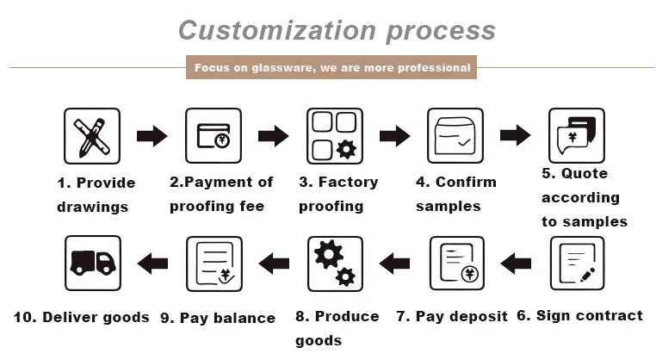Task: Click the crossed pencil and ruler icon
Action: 92,136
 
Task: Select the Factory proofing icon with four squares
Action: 335,136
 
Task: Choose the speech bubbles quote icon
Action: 578,136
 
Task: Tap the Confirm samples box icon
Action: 455,136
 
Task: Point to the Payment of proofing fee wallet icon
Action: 214,136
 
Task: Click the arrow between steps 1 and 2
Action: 152,135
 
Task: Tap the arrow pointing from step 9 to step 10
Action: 152,263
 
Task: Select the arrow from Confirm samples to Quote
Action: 516,135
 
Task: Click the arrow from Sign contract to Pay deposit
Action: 517,263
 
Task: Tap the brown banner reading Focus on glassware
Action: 331,67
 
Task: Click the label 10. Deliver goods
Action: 81,317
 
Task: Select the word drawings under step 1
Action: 92,207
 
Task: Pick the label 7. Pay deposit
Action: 451,316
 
